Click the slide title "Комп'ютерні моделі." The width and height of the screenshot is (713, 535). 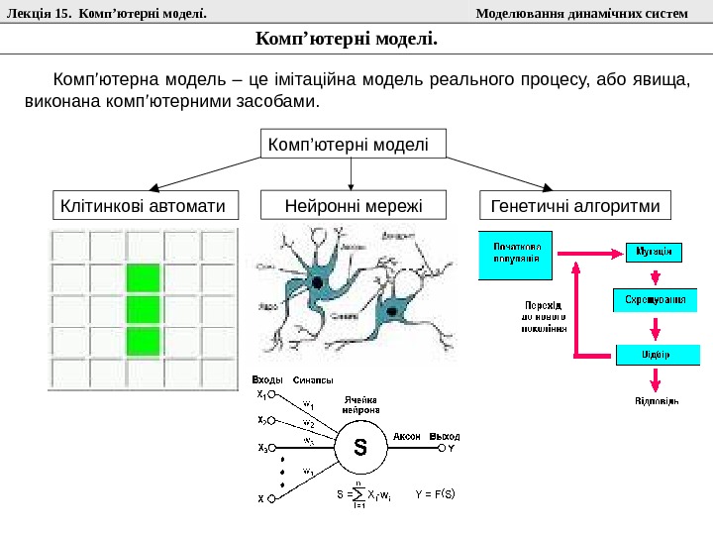click(x=346, y=39)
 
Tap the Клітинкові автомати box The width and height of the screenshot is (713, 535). click(x=145, y=206)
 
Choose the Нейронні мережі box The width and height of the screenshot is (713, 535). click(x=353, y=206)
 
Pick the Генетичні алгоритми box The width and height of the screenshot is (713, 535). click(x=574, y=206)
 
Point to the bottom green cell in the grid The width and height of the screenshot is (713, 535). click(x=143, y=341)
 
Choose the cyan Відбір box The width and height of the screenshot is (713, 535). click(x=657, y=354)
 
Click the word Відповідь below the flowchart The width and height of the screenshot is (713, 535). click(x=657, y=401)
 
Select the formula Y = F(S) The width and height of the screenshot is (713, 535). click(x=435, y=492)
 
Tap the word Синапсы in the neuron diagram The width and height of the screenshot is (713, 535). click(x=313, y=379)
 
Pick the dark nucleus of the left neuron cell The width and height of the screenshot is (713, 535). click(x=318, y=282)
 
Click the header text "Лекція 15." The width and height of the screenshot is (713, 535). click(x=39, y=13)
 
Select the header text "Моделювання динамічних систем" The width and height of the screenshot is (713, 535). click(x=581, y=13)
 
